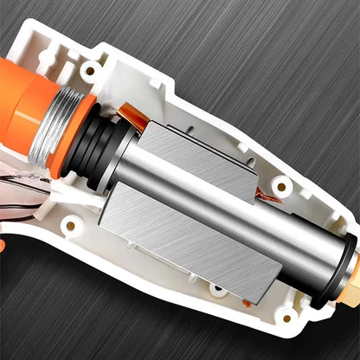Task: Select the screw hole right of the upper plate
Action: [x=280, y=185]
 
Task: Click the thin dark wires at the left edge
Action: [x=22, y=185]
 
